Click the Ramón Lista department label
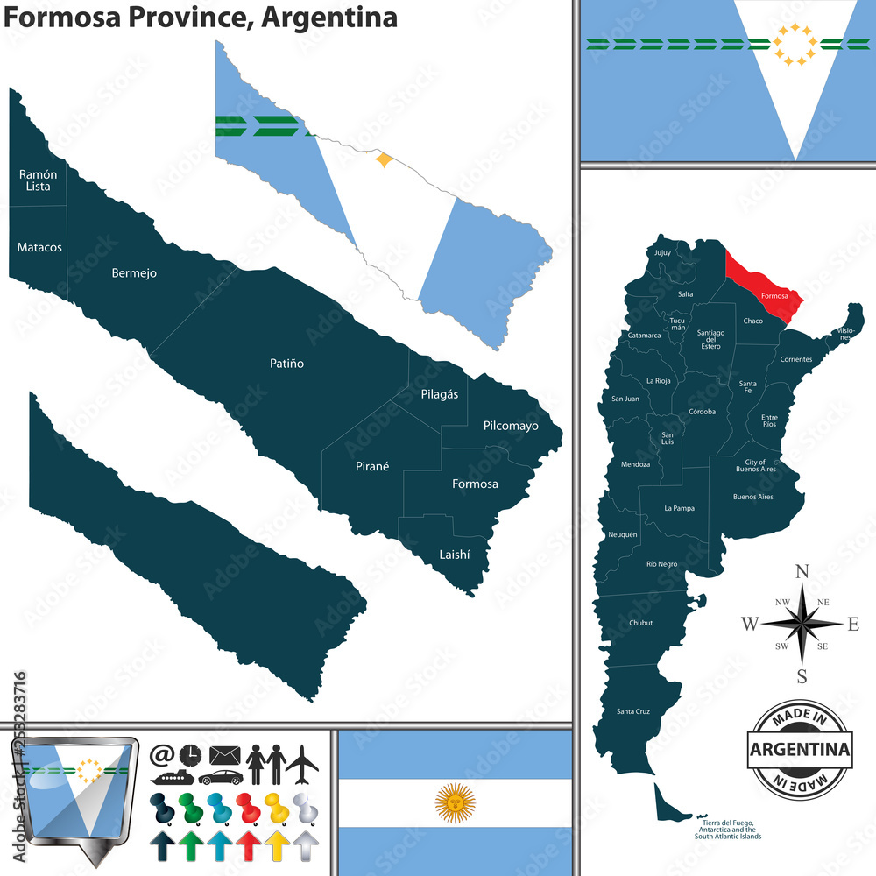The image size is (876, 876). (39, 180)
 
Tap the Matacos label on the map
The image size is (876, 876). (39, 247)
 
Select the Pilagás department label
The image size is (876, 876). (439, 394)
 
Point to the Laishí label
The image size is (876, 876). (455, 555)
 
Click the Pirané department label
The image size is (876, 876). (372, 467)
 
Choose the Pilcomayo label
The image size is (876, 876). (511, 426)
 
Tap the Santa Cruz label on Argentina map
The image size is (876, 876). (632, 710)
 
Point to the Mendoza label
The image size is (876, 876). (635, 464)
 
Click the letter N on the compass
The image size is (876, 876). (802, 572)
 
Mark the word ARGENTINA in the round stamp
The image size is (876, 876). (801, 750)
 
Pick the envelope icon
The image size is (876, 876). (225, 754)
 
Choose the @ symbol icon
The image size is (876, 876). (162, 754)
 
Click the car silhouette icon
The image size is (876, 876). (219, 777)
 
